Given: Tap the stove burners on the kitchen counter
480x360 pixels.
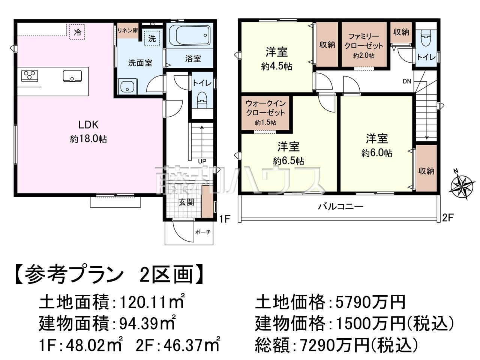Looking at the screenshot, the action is (x=30, y=76).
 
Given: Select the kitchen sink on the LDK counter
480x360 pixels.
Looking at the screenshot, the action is (x=72, y=76).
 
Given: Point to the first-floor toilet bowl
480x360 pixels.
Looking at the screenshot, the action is (x=202, y=100).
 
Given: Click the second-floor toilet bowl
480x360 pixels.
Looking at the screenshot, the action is (x=425, y=38).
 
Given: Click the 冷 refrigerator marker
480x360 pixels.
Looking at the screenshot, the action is (x=77, y=32).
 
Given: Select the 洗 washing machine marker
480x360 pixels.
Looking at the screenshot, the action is (x=152, y=39).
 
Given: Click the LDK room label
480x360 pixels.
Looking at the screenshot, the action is (x=88, y=125).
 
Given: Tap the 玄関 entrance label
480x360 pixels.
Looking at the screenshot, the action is (x=186, y=202).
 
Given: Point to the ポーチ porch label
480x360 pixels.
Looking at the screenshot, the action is (x=203, y=232).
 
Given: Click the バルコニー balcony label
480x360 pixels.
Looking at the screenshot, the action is (x=340, y=206).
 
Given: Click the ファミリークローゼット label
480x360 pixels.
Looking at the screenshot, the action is (x=364, y=41).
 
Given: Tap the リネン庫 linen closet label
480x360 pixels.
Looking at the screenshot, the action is (x=128, y=31).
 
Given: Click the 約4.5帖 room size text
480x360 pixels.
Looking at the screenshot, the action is (x=276, y=66).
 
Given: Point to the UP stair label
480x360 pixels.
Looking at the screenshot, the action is (x=202, y=161).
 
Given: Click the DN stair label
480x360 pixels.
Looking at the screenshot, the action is (x=407, y=81).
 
